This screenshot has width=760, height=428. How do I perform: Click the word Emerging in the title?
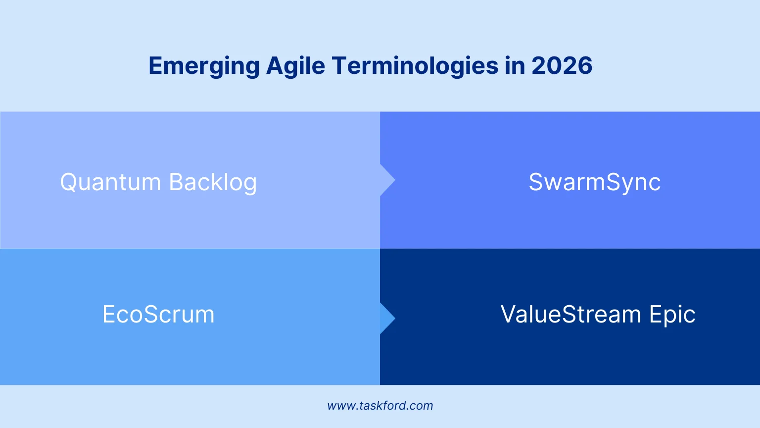pyautogui.click(x=204, y=66)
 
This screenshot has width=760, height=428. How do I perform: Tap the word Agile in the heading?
pyautogui.click(x=295, y=66)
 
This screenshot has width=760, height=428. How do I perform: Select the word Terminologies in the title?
pyautogui.click(x=415, y=66)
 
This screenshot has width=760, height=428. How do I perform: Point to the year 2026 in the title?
pyautogui.click(x=562, y=66)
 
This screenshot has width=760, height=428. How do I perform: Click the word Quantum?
pyautogui.click(x=110, y=182)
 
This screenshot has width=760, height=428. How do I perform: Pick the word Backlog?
pyautogui.click(x=213, y=182)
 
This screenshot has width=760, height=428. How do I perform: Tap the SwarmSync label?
pyautogui.click(x=594, y=182)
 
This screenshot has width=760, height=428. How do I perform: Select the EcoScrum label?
pyautogui.click(x=158, y=315)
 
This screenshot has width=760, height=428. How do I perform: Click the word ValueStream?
pyautogui.click(x=570, y=315)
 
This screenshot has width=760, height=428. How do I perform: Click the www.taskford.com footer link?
pyautogui.click(x=380, y=406)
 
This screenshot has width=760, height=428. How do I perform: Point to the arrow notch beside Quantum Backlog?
pyautogui.click(x=387, y=180)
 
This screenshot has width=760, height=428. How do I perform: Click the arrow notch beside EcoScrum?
pyautogui.click(x=387, y=318)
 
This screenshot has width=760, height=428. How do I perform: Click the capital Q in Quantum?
pyautogui.click(x=69, y=182)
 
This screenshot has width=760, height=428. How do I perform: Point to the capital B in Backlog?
pyautogui.click(x=177, y=182)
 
